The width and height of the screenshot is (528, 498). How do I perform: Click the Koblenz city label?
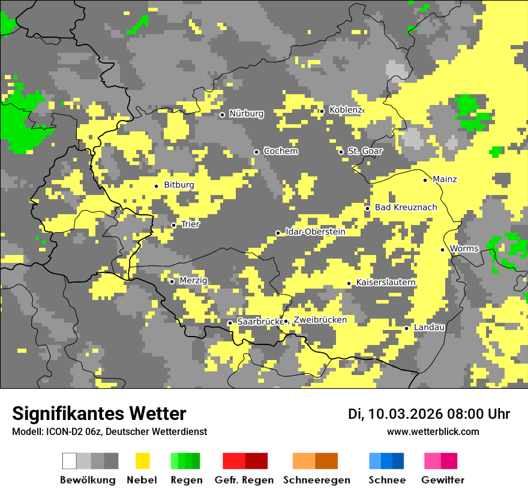click(x=346, y=110)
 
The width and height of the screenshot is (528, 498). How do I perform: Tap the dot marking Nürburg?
click(x=222, y=115)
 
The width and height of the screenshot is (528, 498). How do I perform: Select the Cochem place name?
click(x=281, y=151)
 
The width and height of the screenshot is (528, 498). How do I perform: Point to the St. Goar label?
click(x=365, y=151)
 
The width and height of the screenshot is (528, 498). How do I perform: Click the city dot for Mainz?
click(x=425, y=180)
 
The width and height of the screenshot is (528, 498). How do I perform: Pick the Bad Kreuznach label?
click(x=406, y=208)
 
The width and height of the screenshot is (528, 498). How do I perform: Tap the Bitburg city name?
click(x=179, y=185)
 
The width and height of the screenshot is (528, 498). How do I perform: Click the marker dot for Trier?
click(x=173, y=225)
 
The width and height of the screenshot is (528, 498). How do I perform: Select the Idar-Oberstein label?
click(x=315, y=232)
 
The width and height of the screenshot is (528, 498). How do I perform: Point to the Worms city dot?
click(x=442, y=250)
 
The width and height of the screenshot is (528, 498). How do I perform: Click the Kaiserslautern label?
click(x=385, y=283)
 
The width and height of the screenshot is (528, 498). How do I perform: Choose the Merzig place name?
click(x=193, y=280)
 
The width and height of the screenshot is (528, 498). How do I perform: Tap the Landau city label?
click(x=429, y=327)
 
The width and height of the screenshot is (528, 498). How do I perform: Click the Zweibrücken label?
click(x=320, y=320)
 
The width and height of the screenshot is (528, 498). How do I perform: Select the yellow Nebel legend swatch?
click(x=143, y=461)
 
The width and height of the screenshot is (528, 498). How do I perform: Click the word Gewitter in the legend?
click(x=442, y=480)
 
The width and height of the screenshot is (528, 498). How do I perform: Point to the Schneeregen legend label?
click(x=317, y=480)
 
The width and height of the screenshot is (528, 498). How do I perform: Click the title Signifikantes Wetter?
click(x=99, y=413)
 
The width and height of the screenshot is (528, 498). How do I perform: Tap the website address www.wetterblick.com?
click(x=433, y=431)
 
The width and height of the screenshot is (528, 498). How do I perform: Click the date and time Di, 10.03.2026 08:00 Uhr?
click(x=429, y=414)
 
